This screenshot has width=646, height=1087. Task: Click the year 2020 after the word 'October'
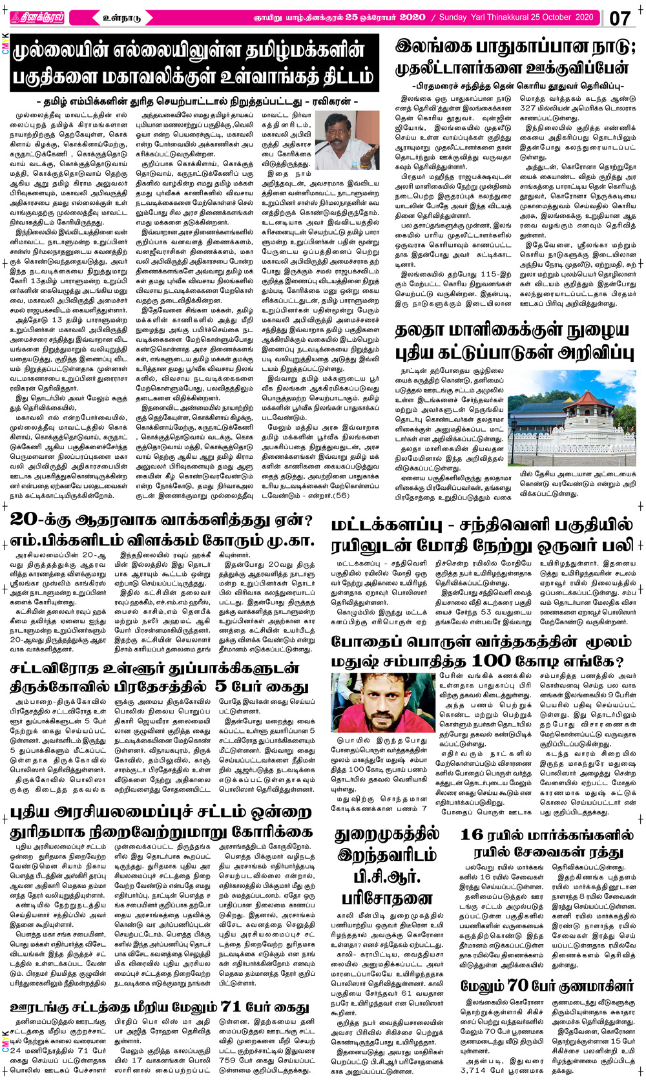(x=579, y=17)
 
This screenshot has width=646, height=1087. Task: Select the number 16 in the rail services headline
(x=472, y=834)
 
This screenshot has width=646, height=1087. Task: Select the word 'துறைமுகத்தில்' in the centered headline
(x=388, y=834)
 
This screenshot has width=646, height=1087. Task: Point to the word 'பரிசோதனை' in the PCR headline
(x=388, y=898)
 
